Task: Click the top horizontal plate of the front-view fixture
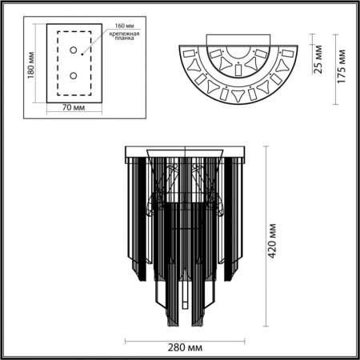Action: [x=186, y=150]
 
